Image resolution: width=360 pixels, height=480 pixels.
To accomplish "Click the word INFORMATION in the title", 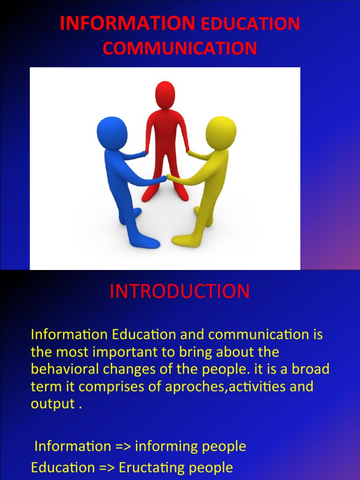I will pyautogui.click(x=127, y=23).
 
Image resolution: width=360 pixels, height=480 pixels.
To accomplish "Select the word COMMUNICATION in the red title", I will pyautogui.click(x=180, y=48).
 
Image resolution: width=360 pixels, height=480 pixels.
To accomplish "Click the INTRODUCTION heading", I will pyautogui.click(x=180, y=292).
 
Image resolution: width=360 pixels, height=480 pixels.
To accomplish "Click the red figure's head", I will pyautogui.click(x=165, y=94).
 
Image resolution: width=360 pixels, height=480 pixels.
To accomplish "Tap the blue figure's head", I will pyautogui.click(x=112, y=132).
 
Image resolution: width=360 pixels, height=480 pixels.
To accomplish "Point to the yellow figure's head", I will pyautogui.click(x=220, y=133).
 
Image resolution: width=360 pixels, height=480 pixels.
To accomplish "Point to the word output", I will pyautogui.click(x=52, y=405).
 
